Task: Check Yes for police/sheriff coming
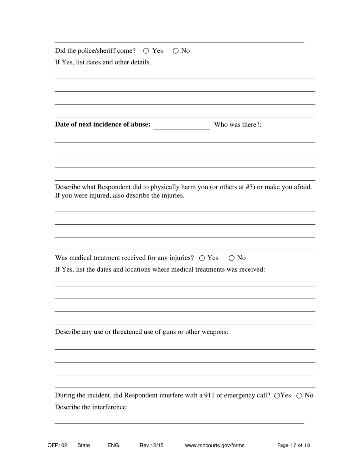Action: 146,51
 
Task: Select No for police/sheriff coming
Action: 175,51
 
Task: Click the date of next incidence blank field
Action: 182,125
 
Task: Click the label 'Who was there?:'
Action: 238,125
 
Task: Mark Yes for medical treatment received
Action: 202,258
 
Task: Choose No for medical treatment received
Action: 232,258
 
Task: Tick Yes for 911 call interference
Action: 277,396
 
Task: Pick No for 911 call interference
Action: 299,396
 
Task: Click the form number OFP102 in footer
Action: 57,446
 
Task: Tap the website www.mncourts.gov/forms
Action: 214,446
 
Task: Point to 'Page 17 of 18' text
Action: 293,446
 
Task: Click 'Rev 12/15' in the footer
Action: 152,446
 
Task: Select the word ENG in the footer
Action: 113,446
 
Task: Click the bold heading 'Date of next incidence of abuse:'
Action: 103,125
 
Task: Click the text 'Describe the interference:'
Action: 91,407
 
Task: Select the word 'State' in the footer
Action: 84,446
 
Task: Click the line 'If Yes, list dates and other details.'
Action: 103,63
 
